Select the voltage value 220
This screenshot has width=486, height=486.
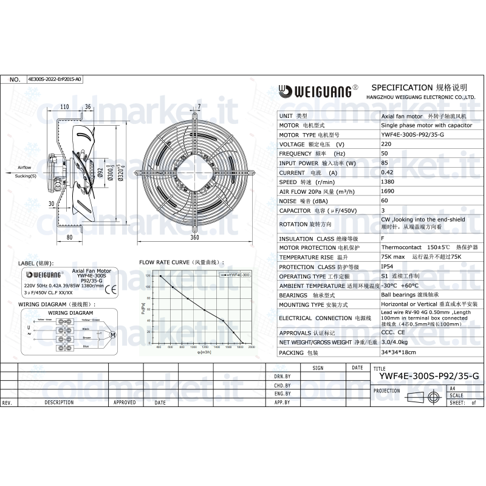pos(386,144)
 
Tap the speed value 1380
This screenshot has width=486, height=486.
pos(388,182)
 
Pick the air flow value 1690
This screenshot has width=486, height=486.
pos(388,191)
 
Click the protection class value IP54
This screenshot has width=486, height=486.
pos(387,267)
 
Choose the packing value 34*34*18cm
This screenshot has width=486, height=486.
pos(398,352)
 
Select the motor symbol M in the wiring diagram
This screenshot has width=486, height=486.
pos(113,334)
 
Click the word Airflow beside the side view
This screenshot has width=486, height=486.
pos(24,166)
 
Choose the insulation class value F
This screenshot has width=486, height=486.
pos(382,239)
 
